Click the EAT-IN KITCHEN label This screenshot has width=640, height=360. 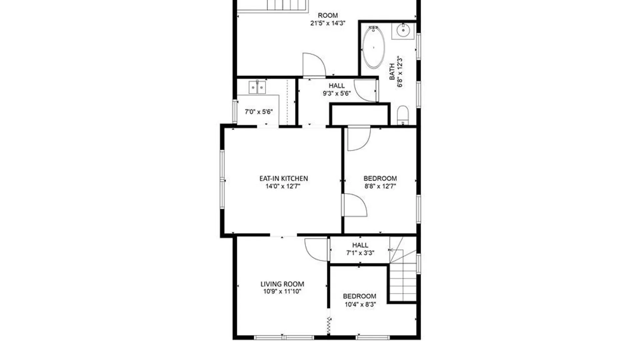tap(284, 178)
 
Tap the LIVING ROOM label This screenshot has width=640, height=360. tap(282, 284)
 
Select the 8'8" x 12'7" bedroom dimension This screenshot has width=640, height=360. tap(380, 186)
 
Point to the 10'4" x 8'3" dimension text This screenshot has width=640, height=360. tap(360, 304)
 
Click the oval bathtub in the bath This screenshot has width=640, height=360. tap(374, 47)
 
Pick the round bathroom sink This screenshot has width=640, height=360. tap(403, 31)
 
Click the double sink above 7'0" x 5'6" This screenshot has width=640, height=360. tap(257, 87)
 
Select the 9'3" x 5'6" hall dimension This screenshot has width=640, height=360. tap(337, 93)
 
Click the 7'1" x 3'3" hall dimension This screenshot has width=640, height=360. tap(360, 253)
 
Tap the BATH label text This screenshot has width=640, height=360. tap(392, 72)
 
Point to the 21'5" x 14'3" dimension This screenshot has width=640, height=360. tap(328, 23)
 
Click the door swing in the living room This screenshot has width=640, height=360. tap(315, 249)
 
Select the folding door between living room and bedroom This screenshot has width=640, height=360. tap(329, 326)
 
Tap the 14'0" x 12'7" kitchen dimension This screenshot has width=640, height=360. tap(283, 186)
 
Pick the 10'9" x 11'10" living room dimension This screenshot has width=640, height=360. tap(282, 292)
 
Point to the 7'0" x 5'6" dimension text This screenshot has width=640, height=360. tap(259, 112)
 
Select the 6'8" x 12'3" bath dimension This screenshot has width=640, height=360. tap(400, 72)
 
